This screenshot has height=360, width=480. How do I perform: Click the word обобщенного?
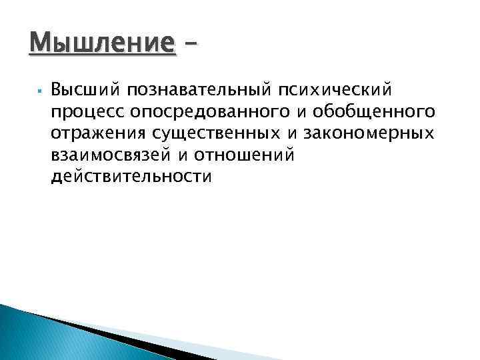(x=374, y=110)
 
